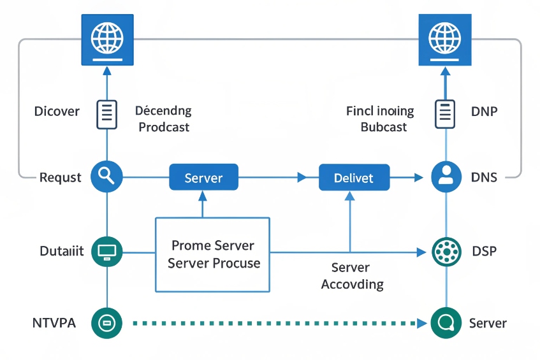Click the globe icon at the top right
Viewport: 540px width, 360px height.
444,40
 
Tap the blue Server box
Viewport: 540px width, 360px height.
203,177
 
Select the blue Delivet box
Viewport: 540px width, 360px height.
354,177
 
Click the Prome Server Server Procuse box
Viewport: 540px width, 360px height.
213,255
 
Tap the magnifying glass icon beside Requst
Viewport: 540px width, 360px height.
106,176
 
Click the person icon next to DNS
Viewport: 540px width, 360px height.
446,176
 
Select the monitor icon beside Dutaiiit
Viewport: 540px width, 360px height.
106,252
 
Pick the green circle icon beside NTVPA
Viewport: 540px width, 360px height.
106,323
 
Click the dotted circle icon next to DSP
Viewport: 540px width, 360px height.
446,252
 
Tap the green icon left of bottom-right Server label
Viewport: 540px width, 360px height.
446,323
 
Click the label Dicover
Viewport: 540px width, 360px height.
57,112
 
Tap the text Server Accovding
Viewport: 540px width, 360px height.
352,276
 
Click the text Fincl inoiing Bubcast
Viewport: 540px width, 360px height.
381,119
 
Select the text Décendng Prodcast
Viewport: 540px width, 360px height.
164,119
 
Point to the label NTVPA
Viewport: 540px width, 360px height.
54,323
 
